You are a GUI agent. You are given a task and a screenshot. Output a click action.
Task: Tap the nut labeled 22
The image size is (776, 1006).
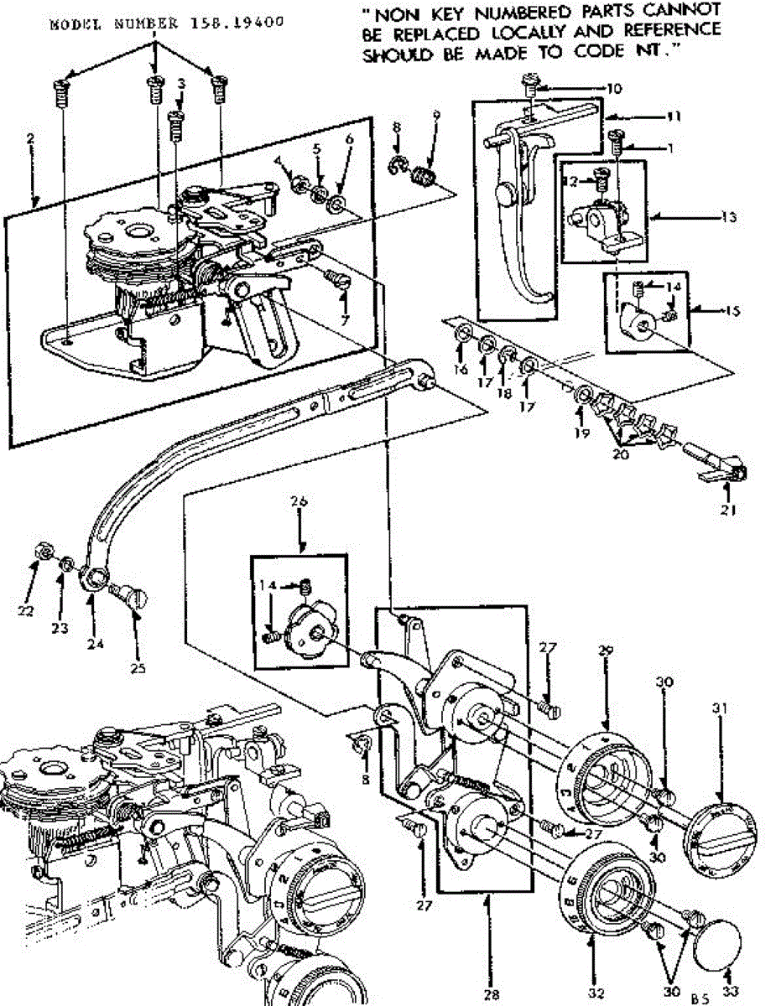38,553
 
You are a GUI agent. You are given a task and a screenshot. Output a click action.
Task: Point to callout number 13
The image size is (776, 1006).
728,217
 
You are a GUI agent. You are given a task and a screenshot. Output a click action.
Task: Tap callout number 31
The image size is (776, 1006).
719,708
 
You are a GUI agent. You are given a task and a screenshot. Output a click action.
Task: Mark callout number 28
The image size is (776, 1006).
492,994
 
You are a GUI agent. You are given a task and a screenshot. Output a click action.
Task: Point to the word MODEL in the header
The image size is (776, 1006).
70,23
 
